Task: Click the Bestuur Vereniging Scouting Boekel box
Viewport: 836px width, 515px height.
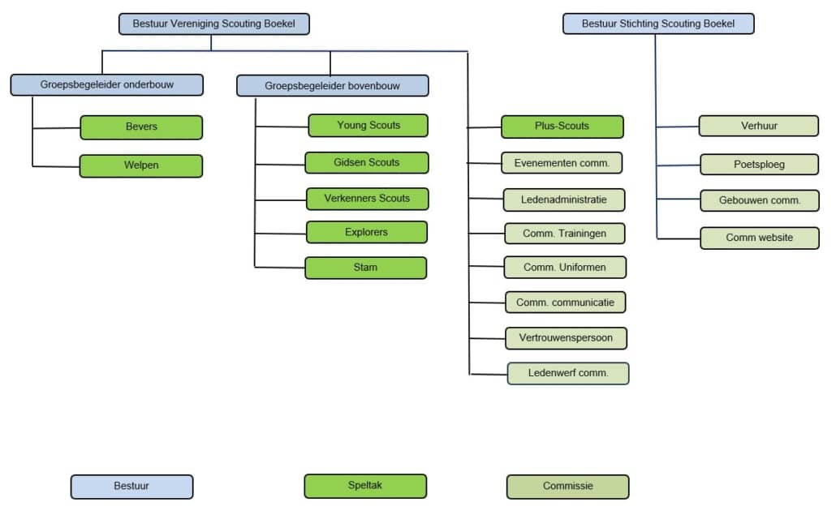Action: (x=213, y=24)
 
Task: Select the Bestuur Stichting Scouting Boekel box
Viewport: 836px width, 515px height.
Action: (x=657, y=24)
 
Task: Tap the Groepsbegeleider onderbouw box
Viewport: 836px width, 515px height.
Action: (x=106, y=84)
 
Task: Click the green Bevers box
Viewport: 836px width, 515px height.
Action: (x=141, y=127)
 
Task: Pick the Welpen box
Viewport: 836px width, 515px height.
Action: (x=141, y=165)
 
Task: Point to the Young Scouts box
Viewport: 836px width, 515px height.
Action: (x=368, y=125)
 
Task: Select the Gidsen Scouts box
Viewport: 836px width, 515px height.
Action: (x=366, y=162)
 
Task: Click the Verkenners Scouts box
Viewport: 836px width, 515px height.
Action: (x=367, y=199)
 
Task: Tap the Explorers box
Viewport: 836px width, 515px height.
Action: (x=366, y=232)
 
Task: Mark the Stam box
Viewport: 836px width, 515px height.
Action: (x=365, y=268)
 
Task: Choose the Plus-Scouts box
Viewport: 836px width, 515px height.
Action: (x=562, y=127)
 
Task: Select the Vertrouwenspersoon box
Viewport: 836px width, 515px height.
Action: (x=565, y=337)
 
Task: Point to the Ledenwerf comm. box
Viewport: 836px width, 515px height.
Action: (x=567, y=373)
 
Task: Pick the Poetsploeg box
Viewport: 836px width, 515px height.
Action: (x=759, y=163)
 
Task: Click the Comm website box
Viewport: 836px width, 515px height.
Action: (x=759, y=238)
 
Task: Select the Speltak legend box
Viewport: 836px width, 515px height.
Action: (x=364, y=486)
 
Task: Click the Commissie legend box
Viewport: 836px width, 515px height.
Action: (x=567, y=487)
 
